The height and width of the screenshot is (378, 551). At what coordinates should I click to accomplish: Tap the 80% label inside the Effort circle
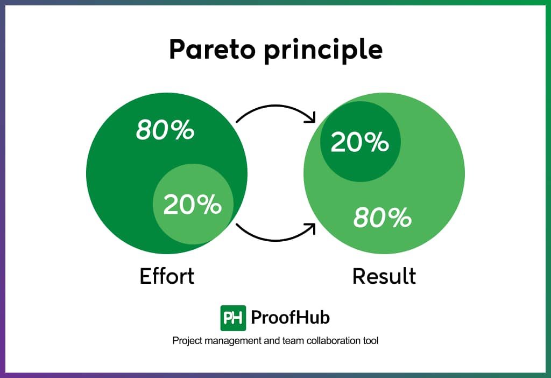(165, 130)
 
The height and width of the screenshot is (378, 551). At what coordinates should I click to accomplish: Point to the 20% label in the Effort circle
(193, 205)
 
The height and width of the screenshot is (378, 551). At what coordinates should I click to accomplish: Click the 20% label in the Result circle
(359, 142)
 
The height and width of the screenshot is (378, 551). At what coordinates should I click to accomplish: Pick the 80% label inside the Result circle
(383, 218)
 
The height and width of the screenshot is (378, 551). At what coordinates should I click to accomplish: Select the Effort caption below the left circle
(167, 276)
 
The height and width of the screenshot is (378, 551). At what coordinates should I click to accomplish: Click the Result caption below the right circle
(384, 276)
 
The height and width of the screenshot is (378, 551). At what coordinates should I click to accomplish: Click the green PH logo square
(233, 318)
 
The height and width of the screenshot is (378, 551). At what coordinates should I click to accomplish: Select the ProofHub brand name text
(291, 318)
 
